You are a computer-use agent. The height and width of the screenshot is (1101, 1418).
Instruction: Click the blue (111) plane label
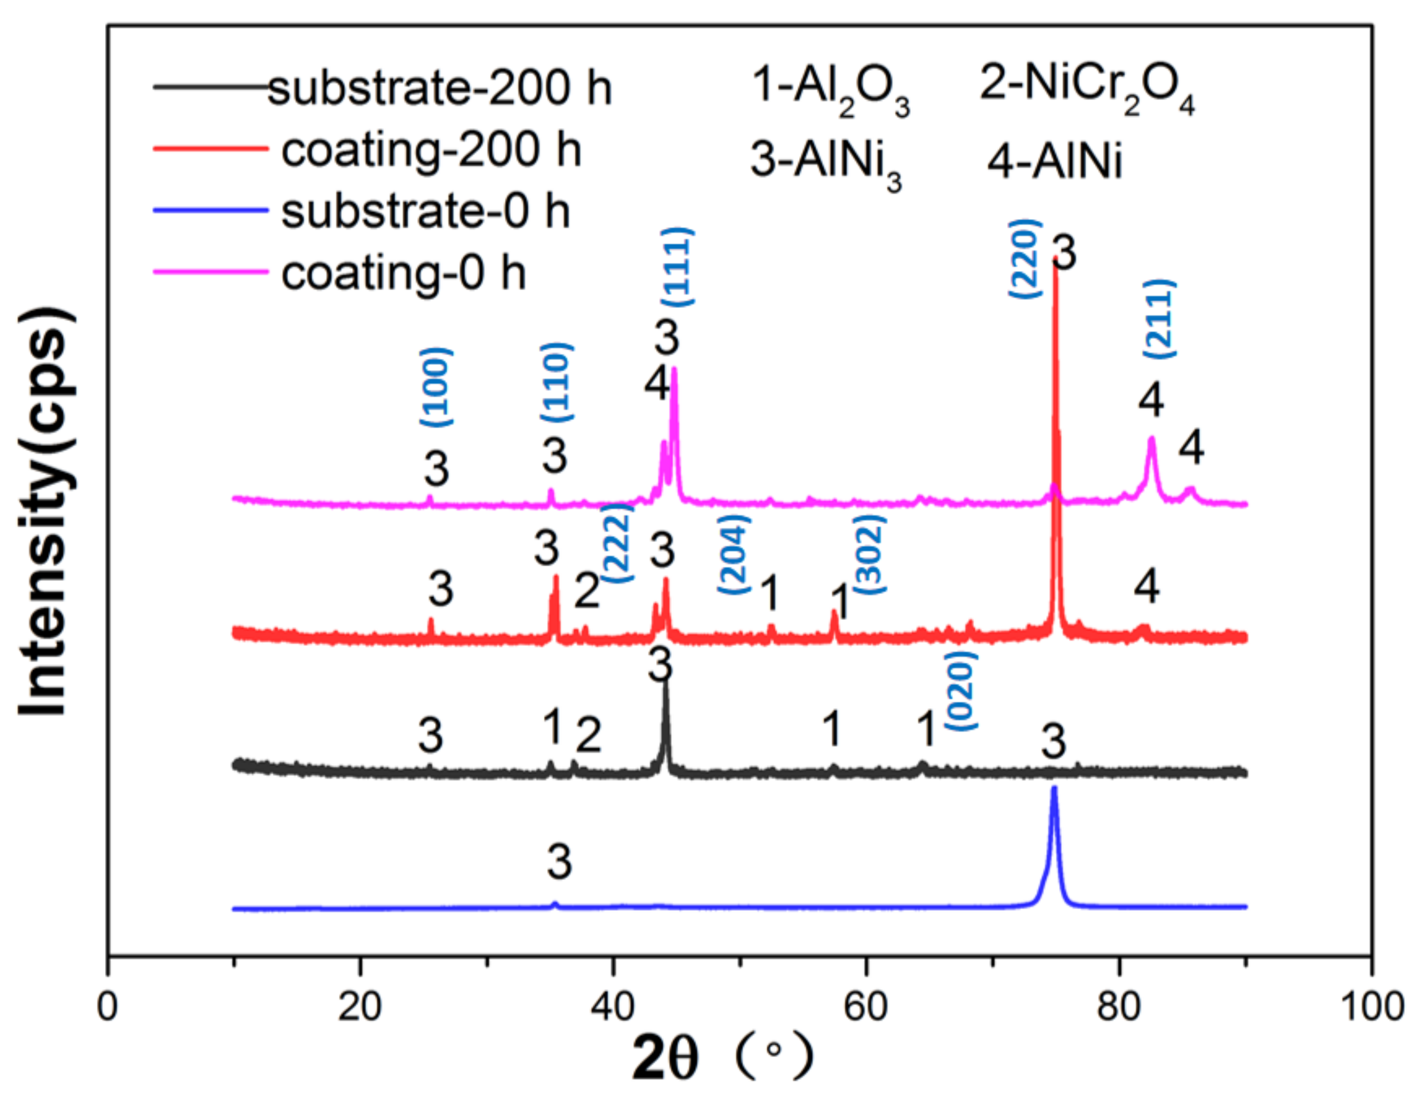pos(677,267)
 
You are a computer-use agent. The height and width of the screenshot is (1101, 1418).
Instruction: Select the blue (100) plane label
pos(436,387)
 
